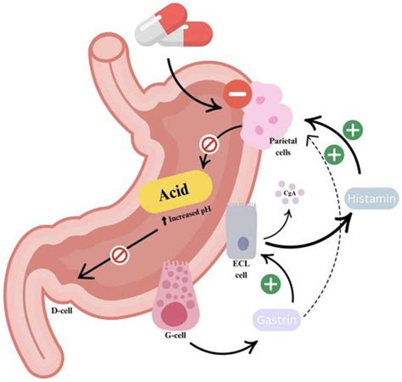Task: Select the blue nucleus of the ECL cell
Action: click(x=243, y=245)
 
